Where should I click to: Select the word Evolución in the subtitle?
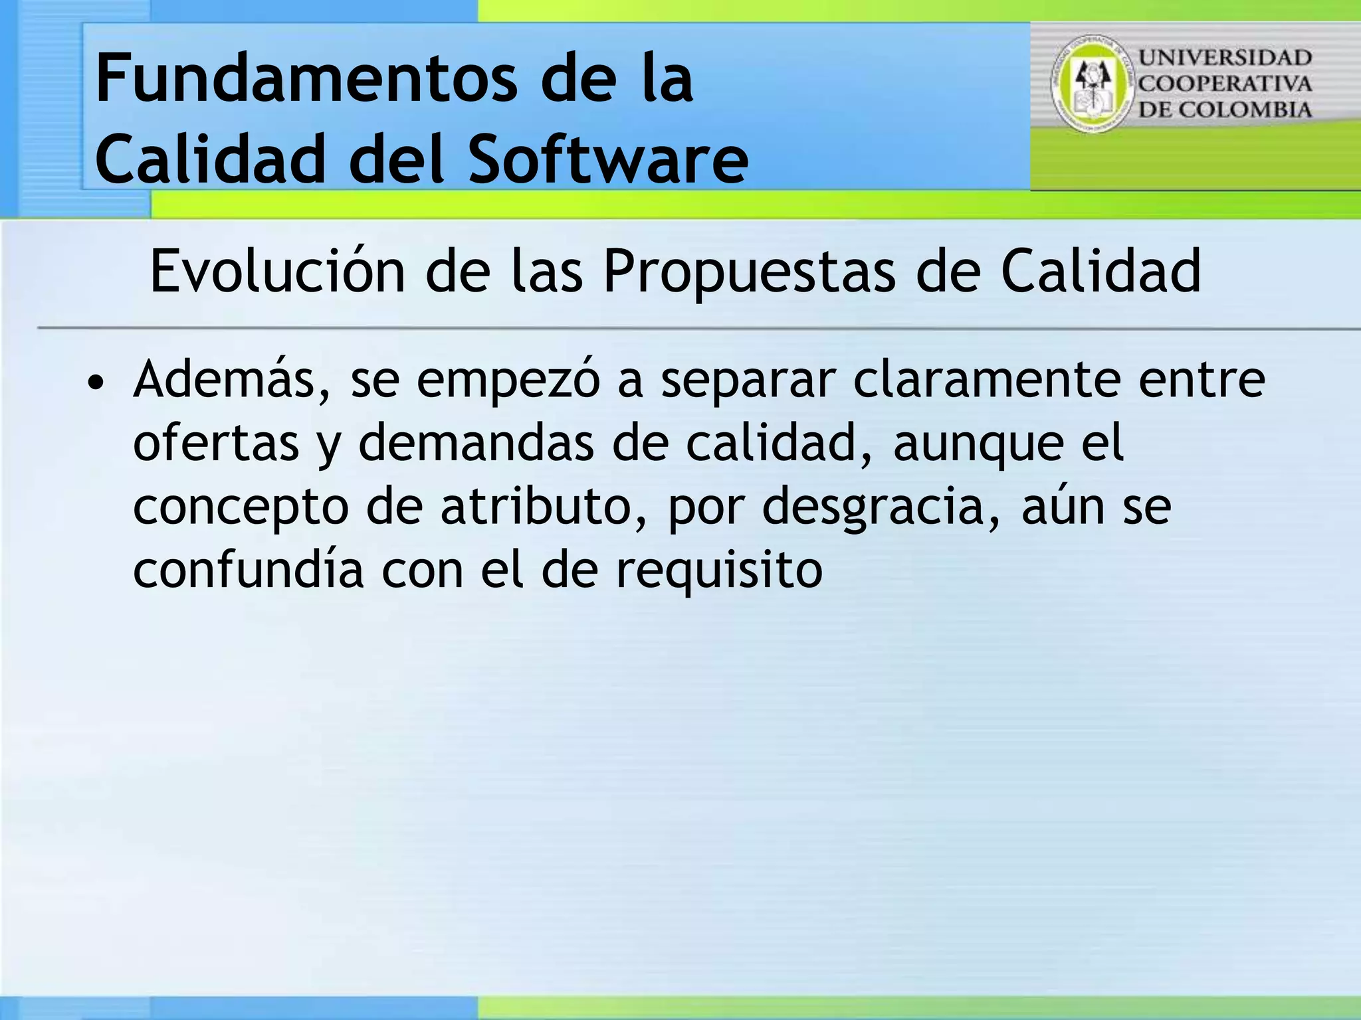tap(277, 272)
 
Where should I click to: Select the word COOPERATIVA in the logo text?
tap(1225, 84)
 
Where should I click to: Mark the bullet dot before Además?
tap(97, 383)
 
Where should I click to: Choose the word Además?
tap(231, 380)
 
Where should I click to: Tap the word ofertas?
tap(216, 443)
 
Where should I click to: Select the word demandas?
tap(476, 443)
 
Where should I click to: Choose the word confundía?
tap(249, 570)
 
